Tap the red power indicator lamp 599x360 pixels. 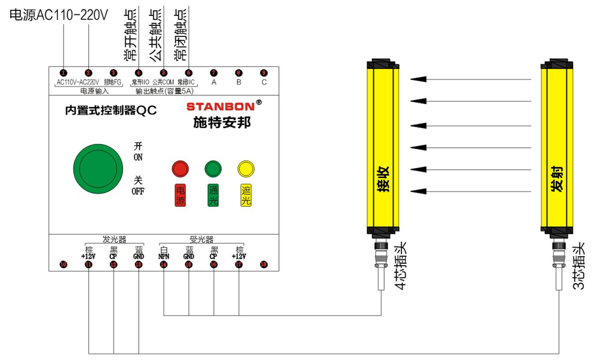(179, 168)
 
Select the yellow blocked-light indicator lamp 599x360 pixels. (245, 168)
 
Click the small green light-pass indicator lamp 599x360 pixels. (212, 168)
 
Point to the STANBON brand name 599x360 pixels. (220, 106)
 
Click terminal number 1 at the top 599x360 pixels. (63, 72)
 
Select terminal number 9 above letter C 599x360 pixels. (263, 72)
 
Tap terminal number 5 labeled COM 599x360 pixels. (163, 72)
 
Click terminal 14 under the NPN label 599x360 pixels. (164, 265)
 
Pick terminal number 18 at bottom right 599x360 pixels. (263, 265)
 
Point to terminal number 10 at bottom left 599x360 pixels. (63, 265)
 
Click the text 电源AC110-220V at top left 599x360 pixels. (59, 16)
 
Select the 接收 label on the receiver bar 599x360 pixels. (383, 179)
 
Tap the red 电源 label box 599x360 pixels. (179, 195)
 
